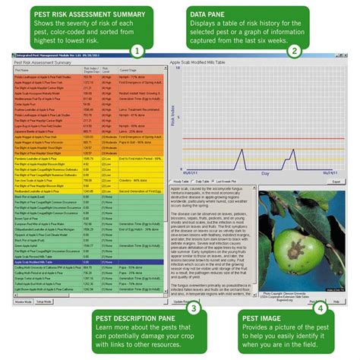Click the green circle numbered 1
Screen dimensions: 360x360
click(x=137, y=51)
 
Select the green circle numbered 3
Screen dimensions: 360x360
click(x=194, y=308)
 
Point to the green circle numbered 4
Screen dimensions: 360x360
click(x=321, y=308)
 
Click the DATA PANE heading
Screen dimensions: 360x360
click(x=237, y=13)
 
